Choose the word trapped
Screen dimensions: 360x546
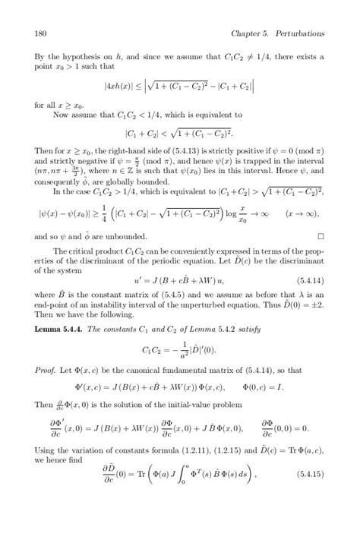click(x=248, y=169)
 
